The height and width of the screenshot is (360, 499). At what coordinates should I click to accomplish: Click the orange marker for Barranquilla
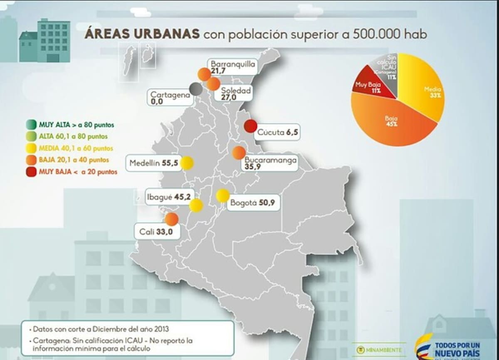click(x=204, y=74)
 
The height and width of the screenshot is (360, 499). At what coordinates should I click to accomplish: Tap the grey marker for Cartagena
click(x=195, y=89)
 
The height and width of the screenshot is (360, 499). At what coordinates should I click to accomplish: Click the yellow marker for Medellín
click(x=187, y=163)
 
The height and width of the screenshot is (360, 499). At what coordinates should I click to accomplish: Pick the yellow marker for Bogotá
click(x=223, y=195)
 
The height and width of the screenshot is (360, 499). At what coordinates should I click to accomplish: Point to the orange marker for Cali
click(x=171, y=219)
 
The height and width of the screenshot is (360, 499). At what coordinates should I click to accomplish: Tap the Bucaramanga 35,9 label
click(x=270, y=163)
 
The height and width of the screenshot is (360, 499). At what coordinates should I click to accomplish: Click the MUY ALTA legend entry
click(x=71, y=124)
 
